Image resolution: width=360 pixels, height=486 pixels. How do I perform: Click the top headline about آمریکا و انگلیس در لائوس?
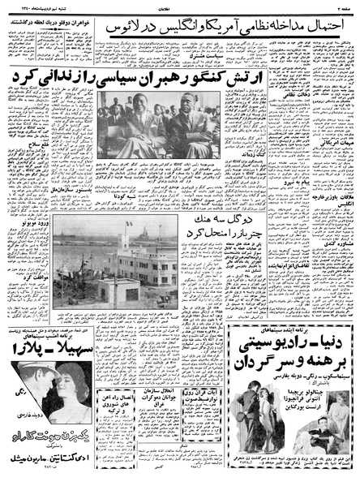click(234, 27)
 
